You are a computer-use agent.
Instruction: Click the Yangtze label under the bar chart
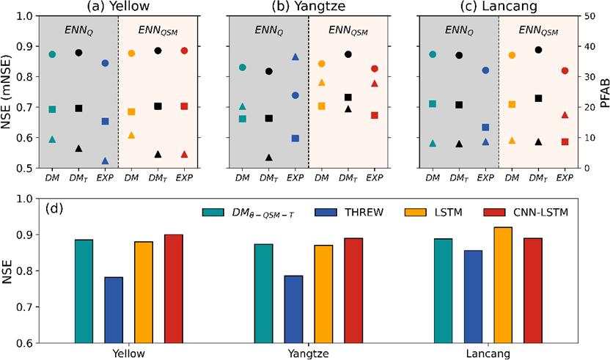click(x=304, y=353)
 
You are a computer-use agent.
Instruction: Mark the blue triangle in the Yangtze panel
click(x=295, y=56)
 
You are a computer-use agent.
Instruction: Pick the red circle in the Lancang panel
click(x=565, y=70)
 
